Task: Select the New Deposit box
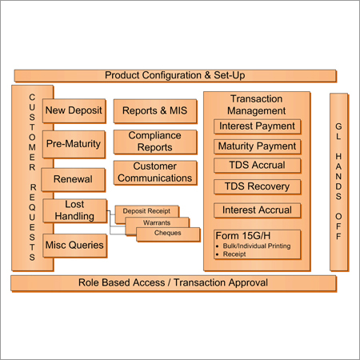pyautogui.click(x=74, y=110)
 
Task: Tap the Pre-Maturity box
pyautogui.click(x=74, y=145)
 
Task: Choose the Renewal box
pyautogui.click(x=74, y=179)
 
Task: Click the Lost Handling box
pyautogui.click(x=74, y=210)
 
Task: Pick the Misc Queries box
pyautogui.click(x=74, y=245)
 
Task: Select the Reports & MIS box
pyautogui.click(x=155, y=110)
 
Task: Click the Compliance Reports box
pyautogui.click(x=155, y=142)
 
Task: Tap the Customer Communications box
pyautogui.click(x=155, y=172)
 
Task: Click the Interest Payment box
pyautogui.click(x=257, y=126)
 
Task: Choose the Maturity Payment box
pyautogui.click(x=257, y=146)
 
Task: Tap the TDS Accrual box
pyautogui.click(x=257, y=166)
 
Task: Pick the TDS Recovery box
pyautogui.click(x=257, y=186)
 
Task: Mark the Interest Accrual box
pyautogui.click(x=257, y=210)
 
